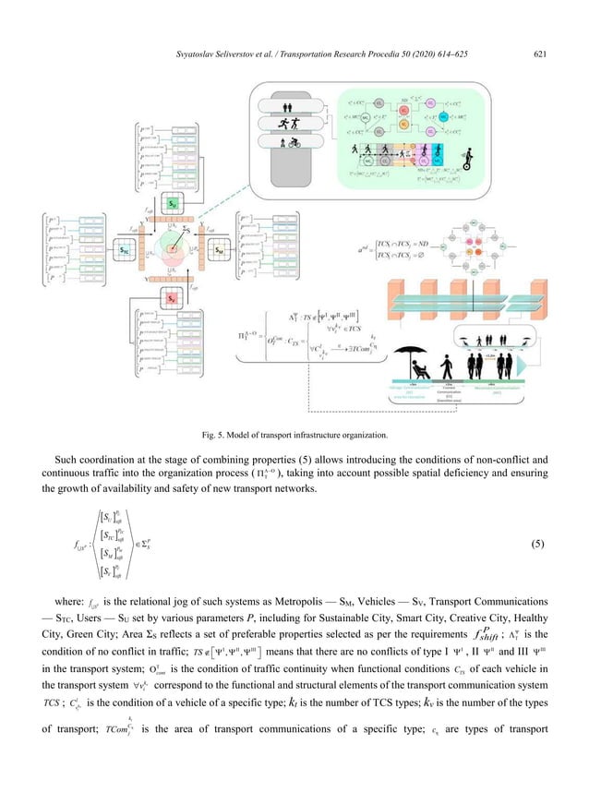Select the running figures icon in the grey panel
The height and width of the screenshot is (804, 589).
(293, 122)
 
